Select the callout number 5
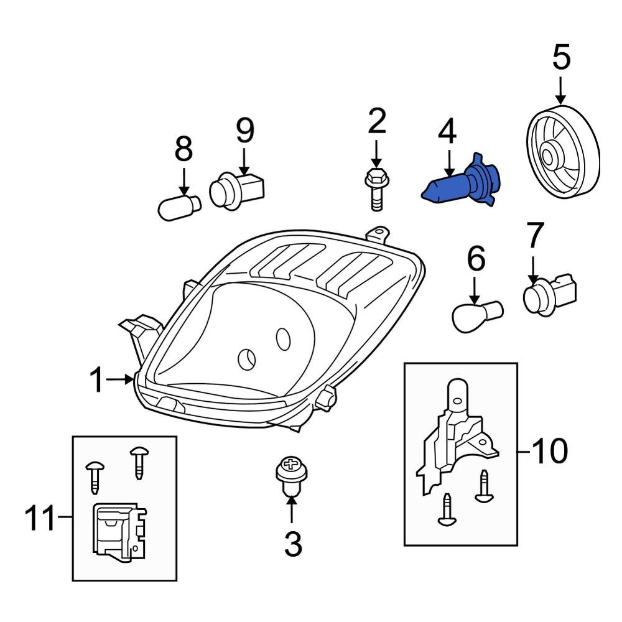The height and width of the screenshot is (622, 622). point(560,57)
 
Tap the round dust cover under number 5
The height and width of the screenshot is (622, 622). point(562,152)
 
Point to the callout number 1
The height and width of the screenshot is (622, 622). point(97,380)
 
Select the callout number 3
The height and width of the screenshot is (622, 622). point(292,544)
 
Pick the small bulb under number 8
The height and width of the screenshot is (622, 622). point(179,207)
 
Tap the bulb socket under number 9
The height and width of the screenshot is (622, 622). point(236,189)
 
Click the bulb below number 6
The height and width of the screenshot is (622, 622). point(476,314)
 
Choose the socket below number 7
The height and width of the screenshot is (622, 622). point(550,293)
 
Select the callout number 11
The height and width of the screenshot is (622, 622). point(43,519)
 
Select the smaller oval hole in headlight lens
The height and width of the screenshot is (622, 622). point(283,338)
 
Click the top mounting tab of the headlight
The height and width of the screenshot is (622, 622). point(378,235)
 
